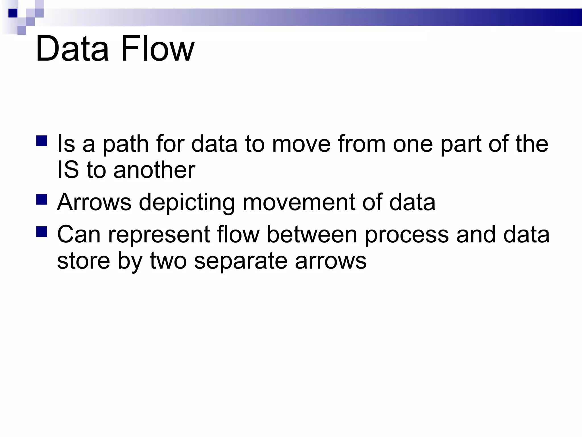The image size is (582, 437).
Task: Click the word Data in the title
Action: pos(72,49)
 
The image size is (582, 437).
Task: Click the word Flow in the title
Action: pos(157,49)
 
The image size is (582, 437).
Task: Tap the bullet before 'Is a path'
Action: pos(42,141)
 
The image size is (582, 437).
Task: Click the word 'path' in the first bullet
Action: pos(125,145)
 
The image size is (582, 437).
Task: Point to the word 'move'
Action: pos(301,145)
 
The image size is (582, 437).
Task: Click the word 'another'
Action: pos(154,170)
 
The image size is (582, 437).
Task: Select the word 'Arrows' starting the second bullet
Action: pos(94,202)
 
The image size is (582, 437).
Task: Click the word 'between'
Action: pos(312,234)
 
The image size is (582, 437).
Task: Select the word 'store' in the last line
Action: pos(83,261)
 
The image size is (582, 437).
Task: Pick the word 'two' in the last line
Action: pos(168,261)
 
